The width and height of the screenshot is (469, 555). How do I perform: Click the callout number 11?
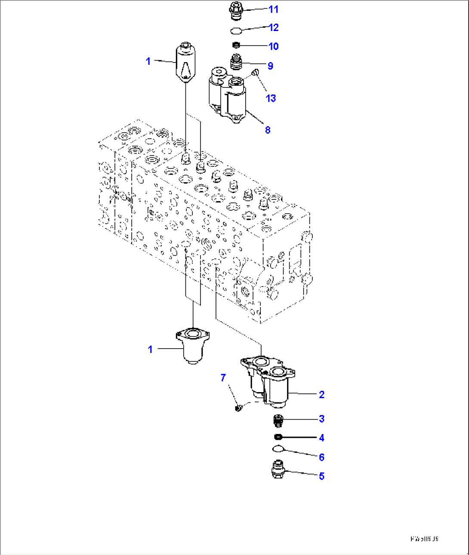point(274,9)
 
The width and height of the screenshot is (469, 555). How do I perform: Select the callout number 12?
point(274,28)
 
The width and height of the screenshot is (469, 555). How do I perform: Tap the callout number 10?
point(274,47)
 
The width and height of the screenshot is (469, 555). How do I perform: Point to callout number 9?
point(270,66)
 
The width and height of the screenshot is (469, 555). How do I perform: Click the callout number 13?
point(271,98)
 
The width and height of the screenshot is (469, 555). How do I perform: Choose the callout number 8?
point(268,130)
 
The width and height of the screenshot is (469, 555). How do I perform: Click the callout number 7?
point(223,378)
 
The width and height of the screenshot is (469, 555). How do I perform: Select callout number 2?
point(321,394)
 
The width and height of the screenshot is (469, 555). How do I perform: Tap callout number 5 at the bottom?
point(321,476)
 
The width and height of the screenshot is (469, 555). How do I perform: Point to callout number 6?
point(321,457)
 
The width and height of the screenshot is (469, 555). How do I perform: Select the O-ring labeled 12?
point(236,31)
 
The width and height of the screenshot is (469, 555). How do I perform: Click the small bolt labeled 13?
point(254,73)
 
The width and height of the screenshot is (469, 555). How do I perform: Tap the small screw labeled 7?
point(238,407)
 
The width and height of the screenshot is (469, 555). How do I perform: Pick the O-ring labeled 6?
point(278,449)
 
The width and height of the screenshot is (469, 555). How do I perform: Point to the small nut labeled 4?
point(278,437)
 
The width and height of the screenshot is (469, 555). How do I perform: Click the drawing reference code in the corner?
point(424,539)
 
